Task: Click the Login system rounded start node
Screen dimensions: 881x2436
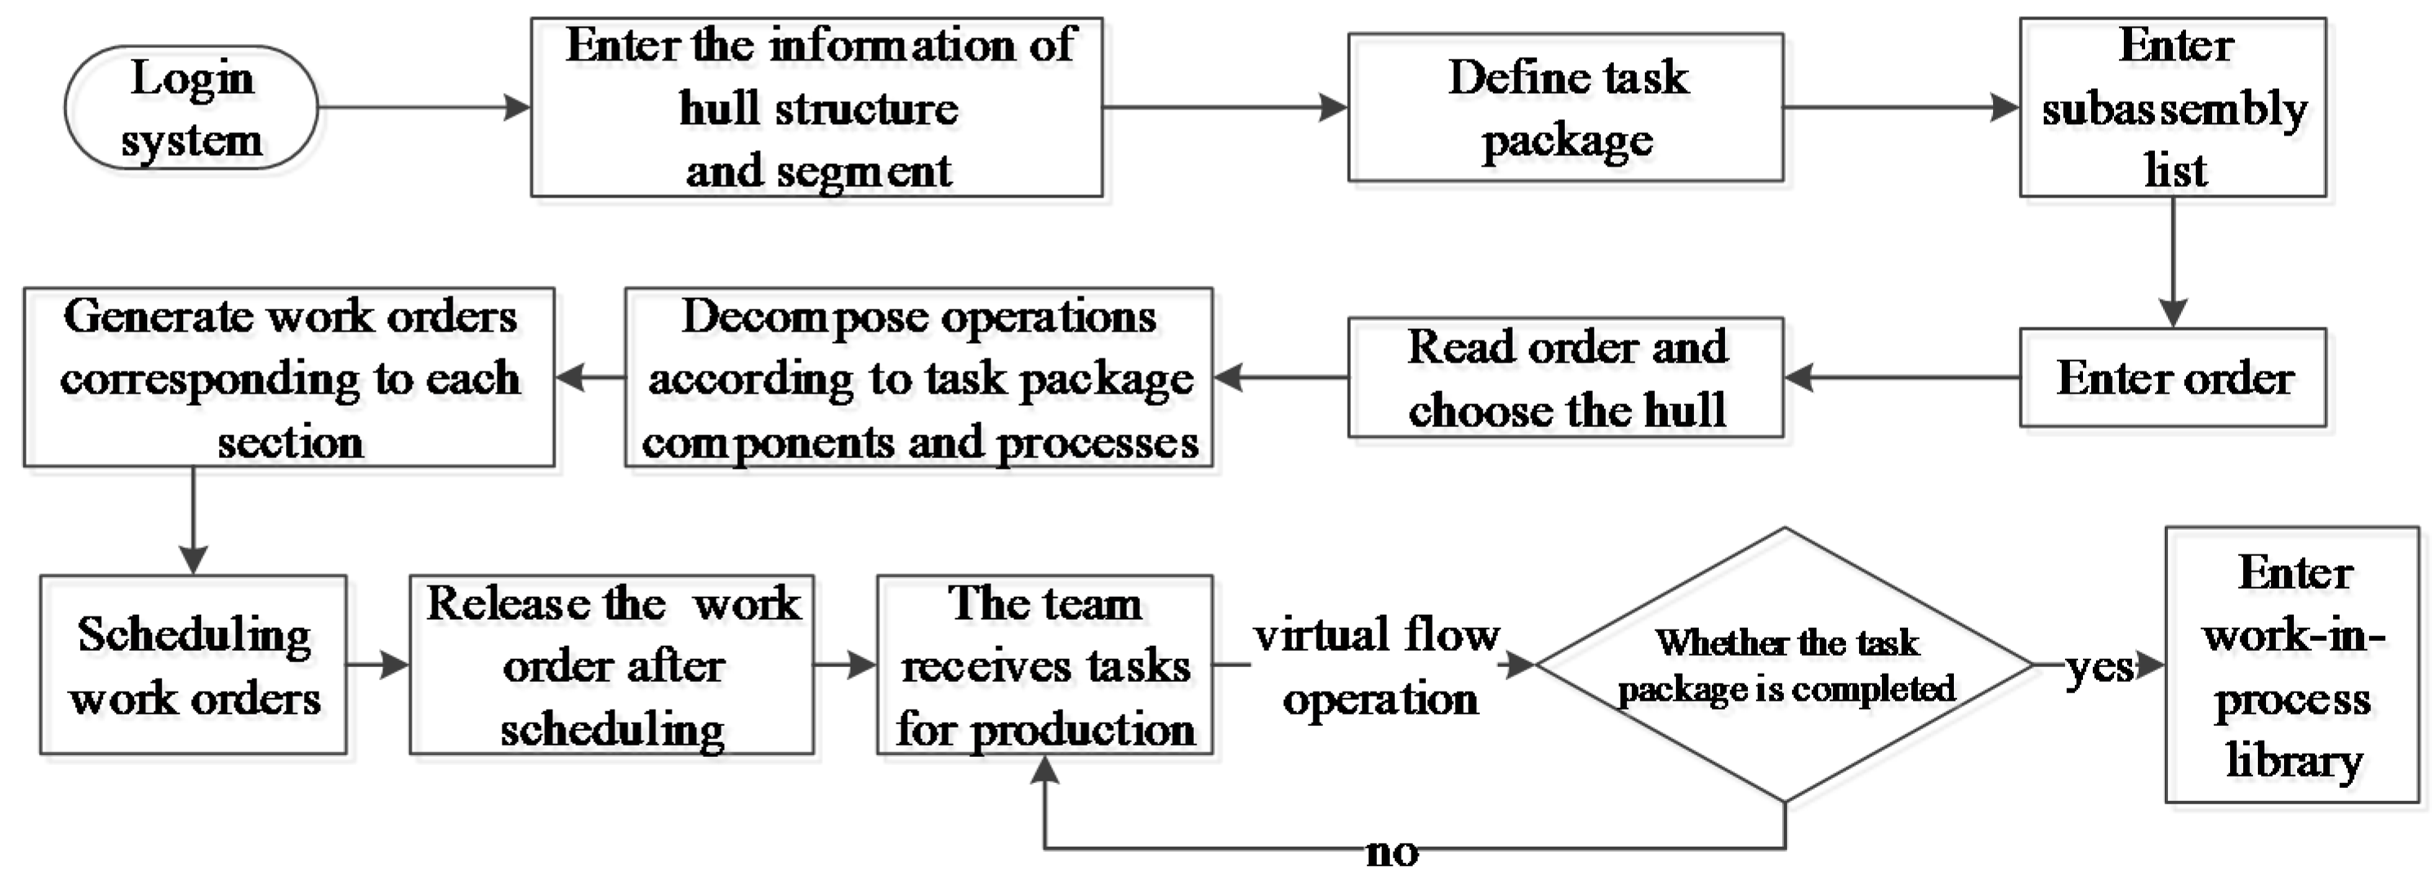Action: (191, 108)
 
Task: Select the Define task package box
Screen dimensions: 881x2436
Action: (1565, 108)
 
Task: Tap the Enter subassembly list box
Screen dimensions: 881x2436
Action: (2172, 108)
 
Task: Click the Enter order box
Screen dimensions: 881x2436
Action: (2172, 378)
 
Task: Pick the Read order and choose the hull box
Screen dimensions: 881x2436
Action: (1565, 378)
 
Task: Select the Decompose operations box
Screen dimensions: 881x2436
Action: (919, 378)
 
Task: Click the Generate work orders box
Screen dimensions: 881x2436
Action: (288, 378)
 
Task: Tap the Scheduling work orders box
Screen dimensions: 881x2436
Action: (193, 665)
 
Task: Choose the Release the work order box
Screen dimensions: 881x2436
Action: (612, 665)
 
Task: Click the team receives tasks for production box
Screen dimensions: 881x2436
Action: (1044, 665)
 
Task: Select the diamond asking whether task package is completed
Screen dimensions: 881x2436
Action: (1785, 665)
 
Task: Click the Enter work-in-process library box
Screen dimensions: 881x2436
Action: (2292, 665)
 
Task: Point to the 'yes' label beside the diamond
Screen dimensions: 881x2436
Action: (2099, 667)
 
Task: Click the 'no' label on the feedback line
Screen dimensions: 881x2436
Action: (1391, 852)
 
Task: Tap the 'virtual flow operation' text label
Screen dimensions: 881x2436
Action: (1377, 665)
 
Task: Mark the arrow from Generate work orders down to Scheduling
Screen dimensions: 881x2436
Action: (193, 521)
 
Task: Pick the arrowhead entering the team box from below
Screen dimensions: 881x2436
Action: (1044, 772)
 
